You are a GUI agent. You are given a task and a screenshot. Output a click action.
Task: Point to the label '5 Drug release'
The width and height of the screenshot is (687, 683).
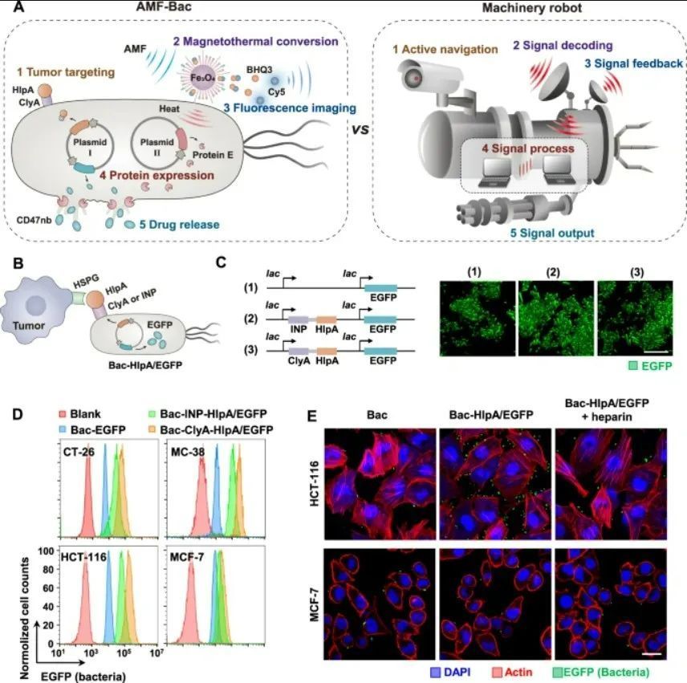coord(179,225)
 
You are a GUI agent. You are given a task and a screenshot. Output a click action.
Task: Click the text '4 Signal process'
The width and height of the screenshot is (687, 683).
coord(528,148)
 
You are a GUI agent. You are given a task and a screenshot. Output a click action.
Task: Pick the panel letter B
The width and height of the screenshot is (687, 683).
coord(18,263)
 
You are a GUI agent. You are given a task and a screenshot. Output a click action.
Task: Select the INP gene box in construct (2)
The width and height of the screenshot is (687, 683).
coord(299,319)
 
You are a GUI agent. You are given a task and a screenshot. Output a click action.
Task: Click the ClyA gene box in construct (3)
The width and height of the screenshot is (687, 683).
coord(299,351)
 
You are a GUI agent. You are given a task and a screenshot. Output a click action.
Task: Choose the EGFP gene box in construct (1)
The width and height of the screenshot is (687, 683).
coord(380,288)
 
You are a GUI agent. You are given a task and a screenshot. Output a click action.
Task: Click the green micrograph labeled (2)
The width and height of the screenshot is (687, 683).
coord(556,318)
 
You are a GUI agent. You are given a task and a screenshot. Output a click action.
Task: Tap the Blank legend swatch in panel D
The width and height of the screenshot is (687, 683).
coord(63,414)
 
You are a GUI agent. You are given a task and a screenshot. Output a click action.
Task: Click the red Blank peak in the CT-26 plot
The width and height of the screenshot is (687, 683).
coord(87,490)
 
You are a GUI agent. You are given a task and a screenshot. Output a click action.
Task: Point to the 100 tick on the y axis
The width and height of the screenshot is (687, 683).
coord(46,551)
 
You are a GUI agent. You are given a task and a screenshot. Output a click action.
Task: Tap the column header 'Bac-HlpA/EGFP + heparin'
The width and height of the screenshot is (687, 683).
coord(607,409)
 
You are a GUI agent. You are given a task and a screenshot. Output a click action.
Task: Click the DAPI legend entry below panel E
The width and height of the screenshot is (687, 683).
coord(450,672)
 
